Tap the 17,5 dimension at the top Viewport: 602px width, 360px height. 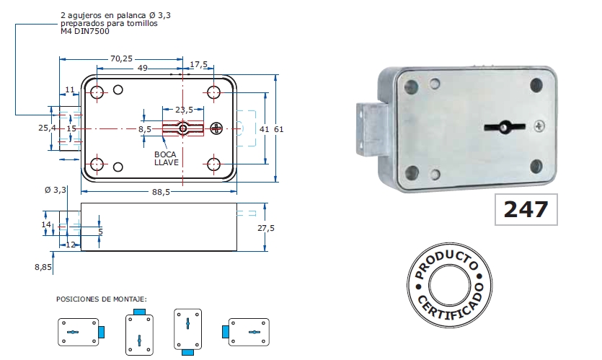(x=198, y=64)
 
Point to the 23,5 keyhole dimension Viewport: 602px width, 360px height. (x=184, y=110)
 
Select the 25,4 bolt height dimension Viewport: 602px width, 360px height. (x=47, y=128)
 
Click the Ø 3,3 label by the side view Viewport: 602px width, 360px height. (x=56, y=190)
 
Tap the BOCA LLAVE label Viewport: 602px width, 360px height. (x=167, y=158)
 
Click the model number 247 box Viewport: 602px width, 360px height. (x=526, y=209)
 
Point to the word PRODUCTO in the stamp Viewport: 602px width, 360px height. (x=444, y=262)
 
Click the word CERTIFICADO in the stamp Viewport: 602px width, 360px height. (x=452, y=309)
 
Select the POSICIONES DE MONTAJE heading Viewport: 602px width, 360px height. (x=102, y=298)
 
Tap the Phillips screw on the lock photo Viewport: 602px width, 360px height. (x=539, y=126)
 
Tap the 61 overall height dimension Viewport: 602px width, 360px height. (x=278, y=128)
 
